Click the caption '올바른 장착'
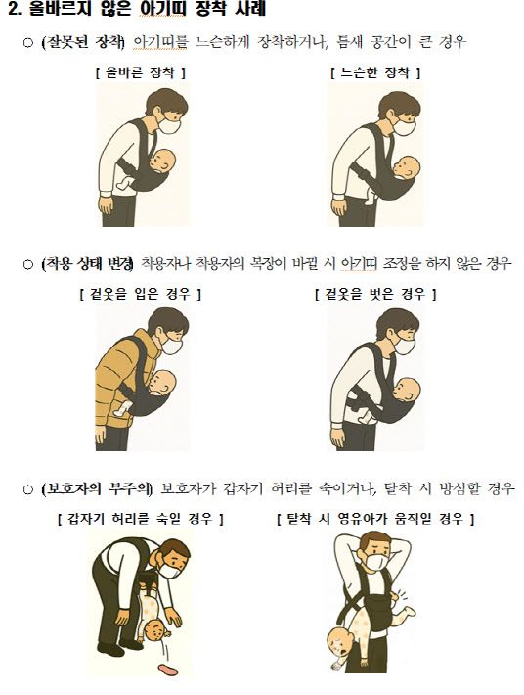pyautogui.click(x=141, y=72)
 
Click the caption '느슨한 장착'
pyautogui.click(x=374, y=72)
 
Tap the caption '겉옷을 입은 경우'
pyautogui.click(x=141, y=294)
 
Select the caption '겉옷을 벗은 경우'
pyautogui.click(x=375, y=294)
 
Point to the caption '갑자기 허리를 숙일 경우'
pyautogui.click(x=141, y=518)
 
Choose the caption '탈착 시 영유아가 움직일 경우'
pyautogui.click(x=375, y=518)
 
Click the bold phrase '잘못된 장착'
pyautogui.click(x=83, y=42)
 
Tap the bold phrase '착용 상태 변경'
pyautogui.click(x=87, y=264)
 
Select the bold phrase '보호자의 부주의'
pyautogui.click(x=97, y=488)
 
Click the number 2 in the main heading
pyautogui.click(x=14, y=9)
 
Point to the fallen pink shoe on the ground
pyautogui.click(x=168, y=669)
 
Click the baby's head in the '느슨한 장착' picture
pyautogui.click(x=407, y=168)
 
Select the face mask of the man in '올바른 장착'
pyautogui.click(x=170, y=125)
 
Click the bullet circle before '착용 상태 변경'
pyautogui.click(x=28, y=264)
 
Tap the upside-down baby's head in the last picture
pyautogui.click(x=340, y=641)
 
